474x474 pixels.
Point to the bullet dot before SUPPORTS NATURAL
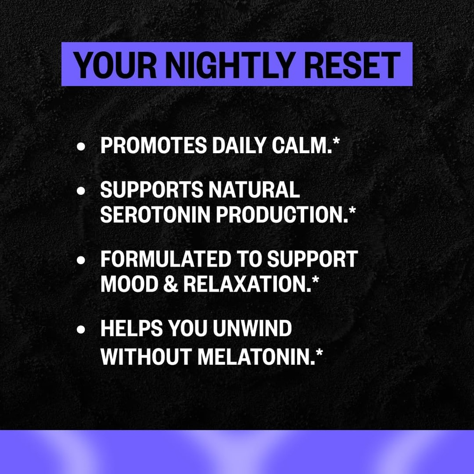[x=81, y=190]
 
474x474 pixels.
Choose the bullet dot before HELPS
[x=81, y=330]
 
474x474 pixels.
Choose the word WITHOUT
[x=146, y=356]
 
